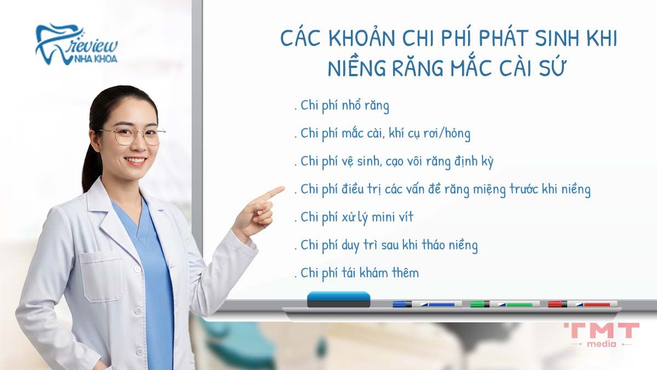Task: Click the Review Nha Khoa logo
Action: [x=76, y=44]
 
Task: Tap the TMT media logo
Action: [x=601, y=334]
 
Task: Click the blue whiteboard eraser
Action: [x=338, y=299]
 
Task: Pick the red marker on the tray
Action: [x=582, y=304]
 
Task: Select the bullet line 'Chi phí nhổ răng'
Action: [x=345, y=105]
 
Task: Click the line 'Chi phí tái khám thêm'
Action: [x=360, y=273]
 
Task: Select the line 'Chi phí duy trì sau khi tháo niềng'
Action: [x=389, y=245]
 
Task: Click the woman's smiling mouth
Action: [x=135, y=161]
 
